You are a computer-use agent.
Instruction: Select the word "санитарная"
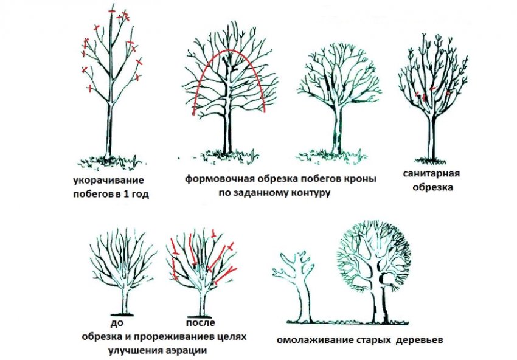coord(431,174)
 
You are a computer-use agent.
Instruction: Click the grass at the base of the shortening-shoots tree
coord(110,160)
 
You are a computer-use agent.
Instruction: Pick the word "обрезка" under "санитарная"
coord(431,188)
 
